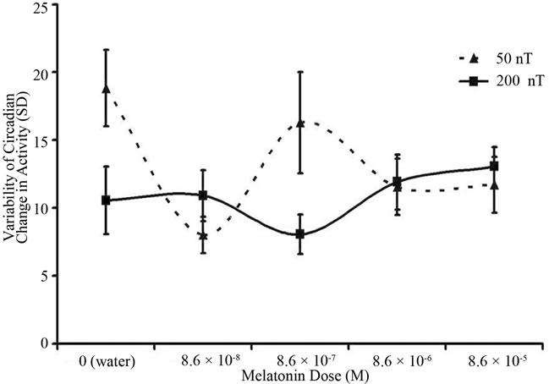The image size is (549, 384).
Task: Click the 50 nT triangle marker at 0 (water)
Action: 106,88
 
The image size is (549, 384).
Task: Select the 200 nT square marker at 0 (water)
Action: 106,200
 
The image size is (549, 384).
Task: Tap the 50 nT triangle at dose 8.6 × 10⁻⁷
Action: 300,123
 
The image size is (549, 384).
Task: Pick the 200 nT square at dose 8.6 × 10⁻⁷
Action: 300,233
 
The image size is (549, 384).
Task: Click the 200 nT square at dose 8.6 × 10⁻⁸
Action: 203,195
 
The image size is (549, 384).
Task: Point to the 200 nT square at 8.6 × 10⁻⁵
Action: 494,167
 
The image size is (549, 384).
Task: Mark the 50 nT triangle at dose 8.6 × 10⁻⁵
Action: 494,184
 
